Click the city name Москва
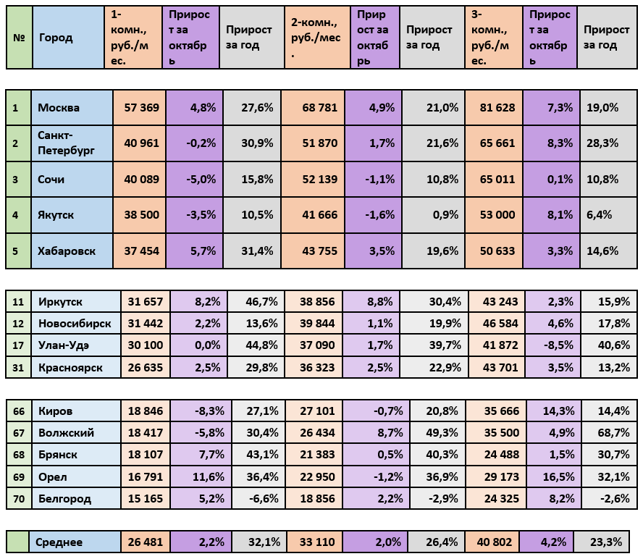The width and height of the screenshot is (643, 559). (59, 108)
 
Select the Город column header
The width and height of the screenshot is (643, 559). (56, 38)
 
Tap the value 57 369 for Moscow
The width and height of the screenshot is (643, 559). (141, 108)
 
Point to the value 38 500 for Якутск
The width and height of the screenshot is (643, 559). (141, 215)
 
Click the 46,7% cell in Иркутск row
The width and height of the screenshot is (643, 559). (257, 301)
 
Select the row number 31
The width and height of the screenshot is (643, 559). (19, 367)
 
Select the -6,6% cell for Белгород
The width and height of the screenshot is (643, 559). (258, 498)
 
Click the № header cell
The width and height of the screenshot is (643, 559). (19, 38)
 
